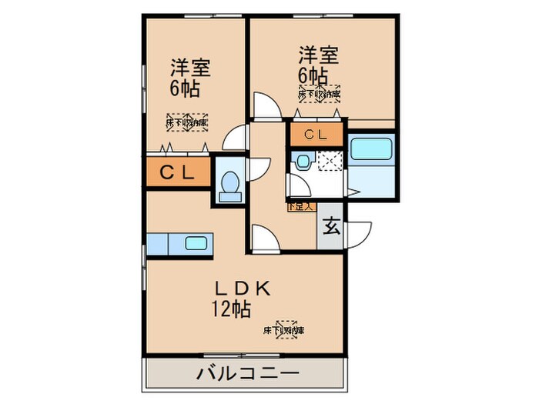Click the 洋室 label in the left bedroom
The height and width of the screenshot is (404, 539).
(189, 68)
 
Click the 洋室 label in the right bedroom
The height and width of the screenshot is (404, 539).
(319, 55)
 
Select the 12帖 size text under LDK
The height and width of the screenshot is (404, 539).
(229, 310)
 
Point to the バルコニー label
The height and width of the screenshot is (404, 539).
(245, 376)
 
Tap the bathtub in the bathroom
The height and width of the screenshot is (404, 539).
(372, 149)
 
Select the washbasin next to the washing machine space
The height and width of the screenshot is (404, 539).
(302, 162)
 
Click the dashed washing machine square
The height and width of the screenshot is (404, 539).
(333, 162)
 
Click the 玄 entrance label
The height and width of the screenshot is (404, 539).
(331, 226)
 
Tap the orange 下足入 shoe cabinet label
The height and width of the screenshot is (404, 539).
(301, 206)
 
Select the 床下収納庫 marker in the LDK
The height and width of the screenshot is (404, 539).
(284, 330)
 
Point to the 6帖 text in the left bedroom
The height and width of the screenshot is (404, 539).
(185, 88)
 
